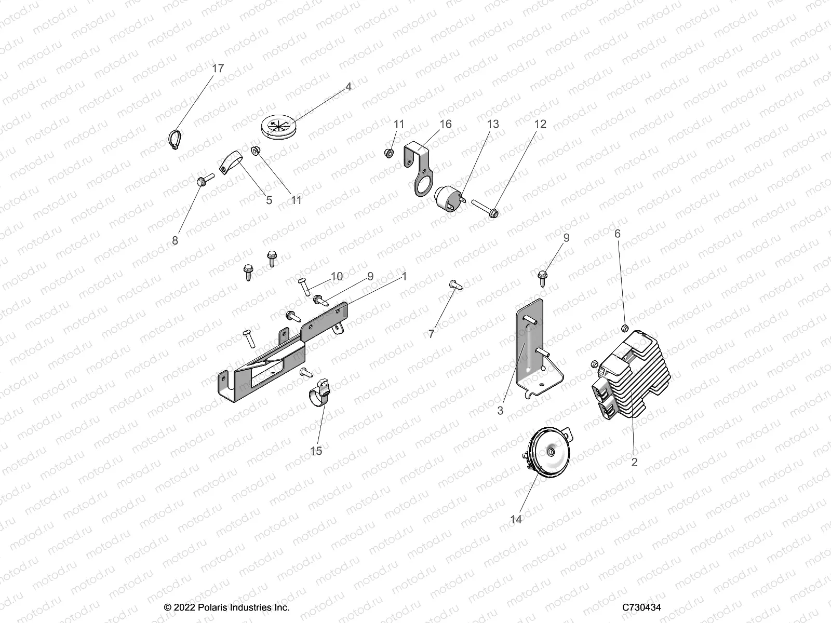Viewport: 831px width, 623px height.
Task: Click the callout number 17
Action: click(218, 69)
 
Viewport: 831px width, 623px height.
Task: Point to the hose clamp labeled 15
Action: click(321, 394)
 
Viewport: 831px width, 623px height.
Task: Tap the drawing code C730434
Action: click(642, 607)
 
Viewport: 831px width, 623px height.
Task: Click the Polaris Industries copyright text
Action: click(226, 607)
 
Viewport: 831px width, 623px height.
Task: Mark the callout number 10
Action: click(337, 276)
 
